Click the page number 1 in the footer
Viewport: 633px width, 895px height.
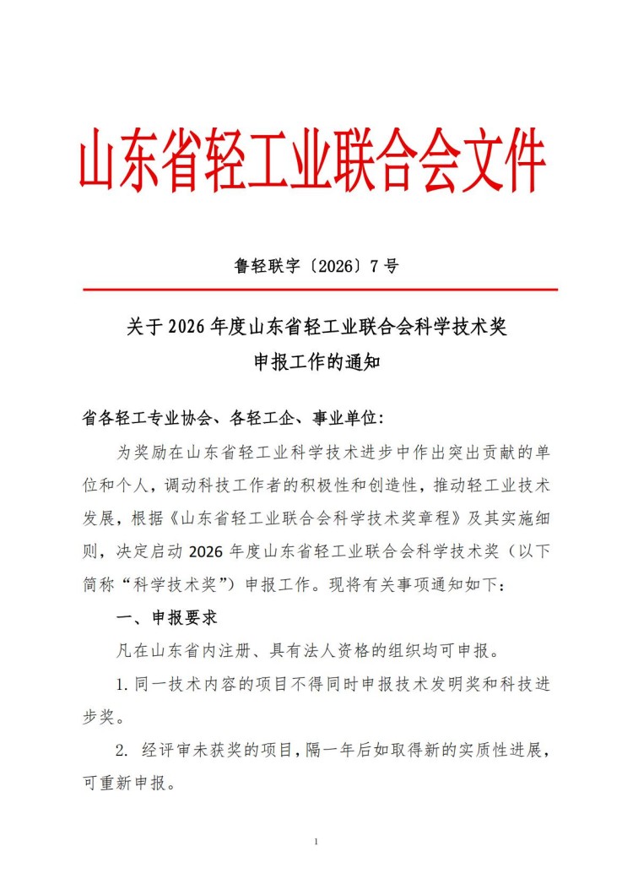tap(315, 842)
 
